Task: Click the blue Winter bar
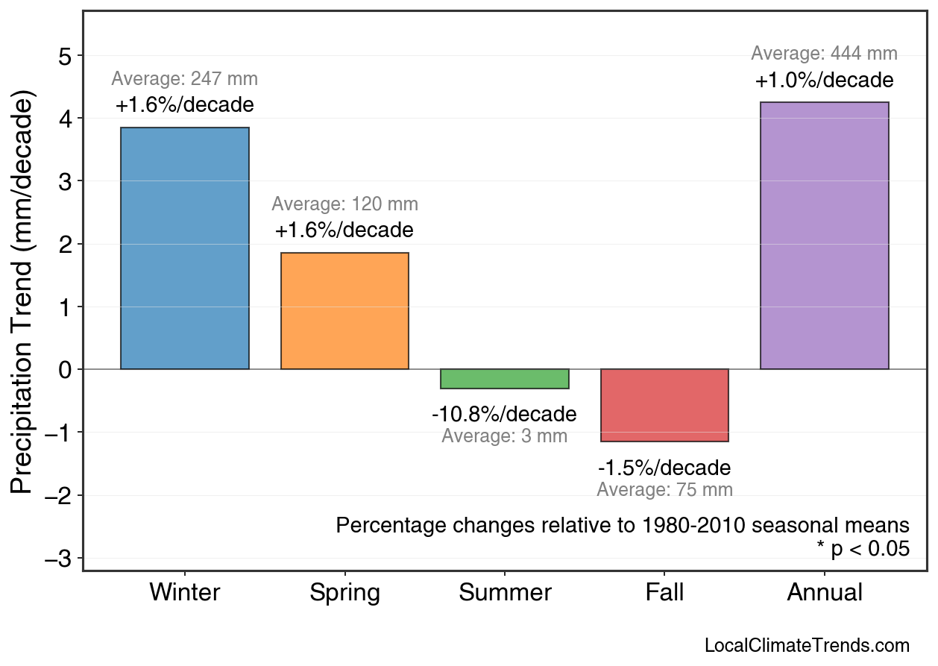pos(185,248)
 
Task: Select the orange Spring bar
pos(344,311)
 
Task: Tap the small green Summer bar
pos(505,379)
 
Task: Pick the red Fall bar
pos(664,405)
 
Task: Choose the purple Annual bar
pos(824,236)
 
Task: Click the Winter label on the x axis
pos(185,593)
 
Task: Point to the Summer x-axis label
pos(505,593)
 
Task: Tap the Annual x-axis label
pos(824,593)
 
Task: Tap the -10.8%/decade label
pos(504,415)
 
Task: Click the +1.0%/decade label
pos(824,81)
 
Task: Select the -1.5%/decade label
pos(664,468)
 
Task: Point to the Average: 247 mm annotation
pos(185,79)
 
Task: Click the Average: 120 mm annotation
pos(344,204)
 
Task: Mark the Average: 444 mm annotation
pos(824,54)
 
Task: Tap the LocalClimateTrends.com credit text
pos(807,646)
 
